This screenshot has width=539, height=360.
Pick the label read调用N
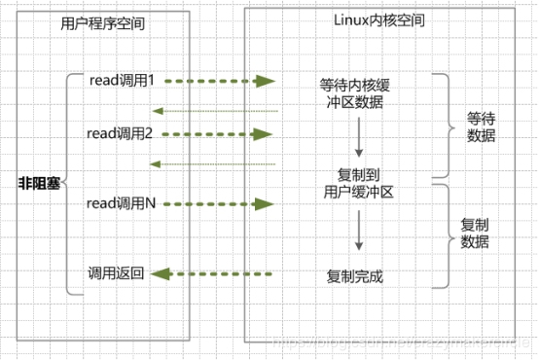point(122,203)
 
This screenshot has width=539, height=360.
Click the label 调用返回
point(116,274)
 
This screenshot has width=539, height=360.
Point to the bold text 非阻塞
point(39,182)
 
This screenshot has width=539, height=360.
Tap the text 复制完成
point(356,276)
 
